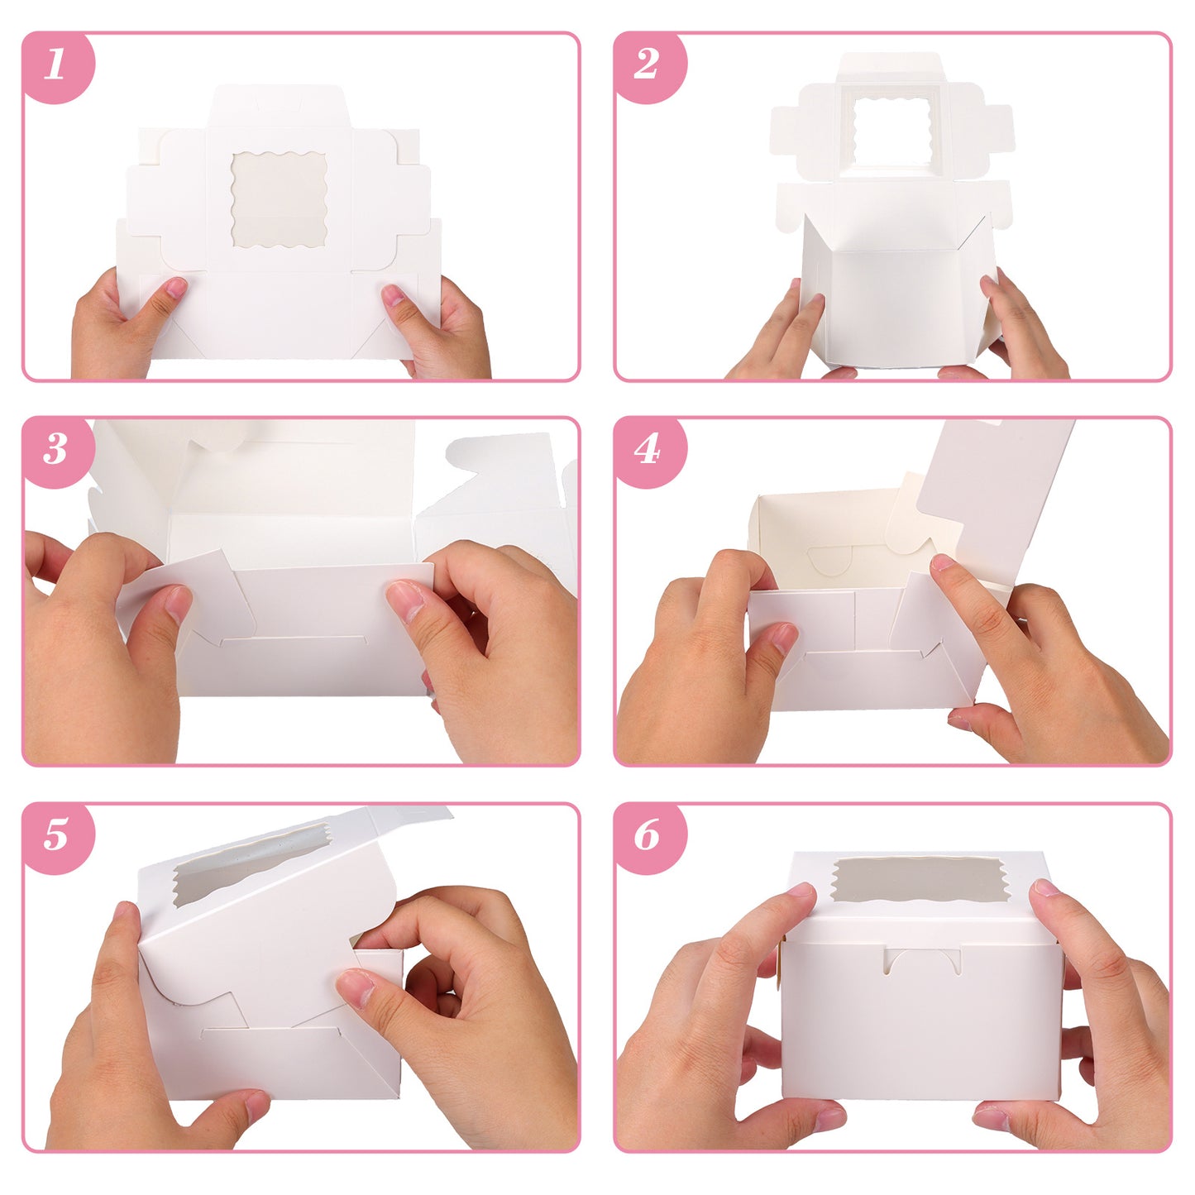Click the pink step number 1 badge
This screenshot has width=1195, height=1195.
(57, 66)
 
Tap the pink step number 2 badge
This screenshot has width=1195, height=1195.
(648, 66)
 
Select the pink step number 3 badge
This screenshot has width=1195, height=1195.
(57, 452)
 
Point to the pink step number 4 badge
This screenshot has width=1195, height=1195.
(648, 452)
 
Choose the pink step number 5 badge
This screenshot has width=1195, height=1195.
(57, 837)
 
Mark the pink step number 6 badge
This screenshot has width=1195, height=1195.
(648, 837)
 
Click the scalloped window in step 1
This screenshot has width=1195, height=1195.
(279, 199)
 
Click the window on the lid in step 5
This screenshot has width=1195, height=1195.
(251, 864)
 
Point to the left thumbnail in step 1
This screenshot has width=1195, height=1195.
(176, 288)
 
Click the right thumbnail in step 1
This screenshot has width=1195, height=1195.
(393, 295)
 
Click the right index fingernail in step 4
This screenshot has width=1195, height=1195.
(942, 562)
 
